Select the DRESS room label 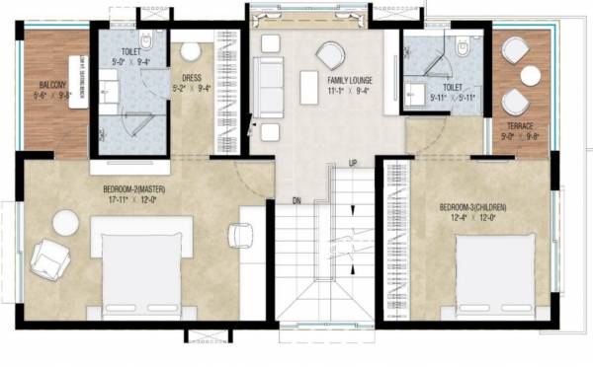(193, 77)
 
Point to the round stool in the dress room (191, 51)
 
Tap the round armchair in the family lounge (330, 55)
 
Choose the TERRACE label (520, 126)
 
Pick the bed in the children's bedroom (495, 275)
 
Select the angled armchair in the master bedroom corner (49, 258)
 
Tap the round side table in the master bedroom (66, 224)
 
